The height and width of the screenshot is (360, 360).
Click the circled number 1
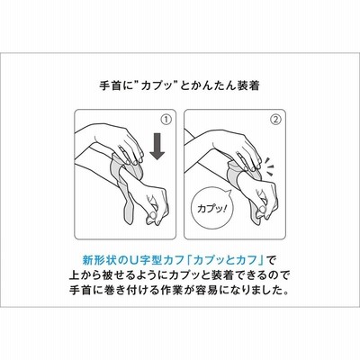(166, 120)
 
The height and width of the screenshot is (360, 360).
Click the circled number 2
(276, 120)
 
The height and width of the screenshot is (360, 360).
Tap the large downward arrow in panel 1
(157, 146)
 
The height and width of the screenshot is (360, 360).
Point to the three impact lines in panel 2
(270, 164)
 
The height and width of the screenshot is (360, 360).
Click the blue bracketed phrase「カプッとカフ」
(226, 260)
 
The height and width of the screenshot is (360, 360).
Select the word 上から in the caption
(89, 275)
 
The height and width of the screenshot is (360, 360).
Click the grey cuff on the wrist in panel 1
(123, 186)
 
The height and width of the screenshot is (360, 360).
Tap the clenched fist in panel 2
(264, 200)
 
